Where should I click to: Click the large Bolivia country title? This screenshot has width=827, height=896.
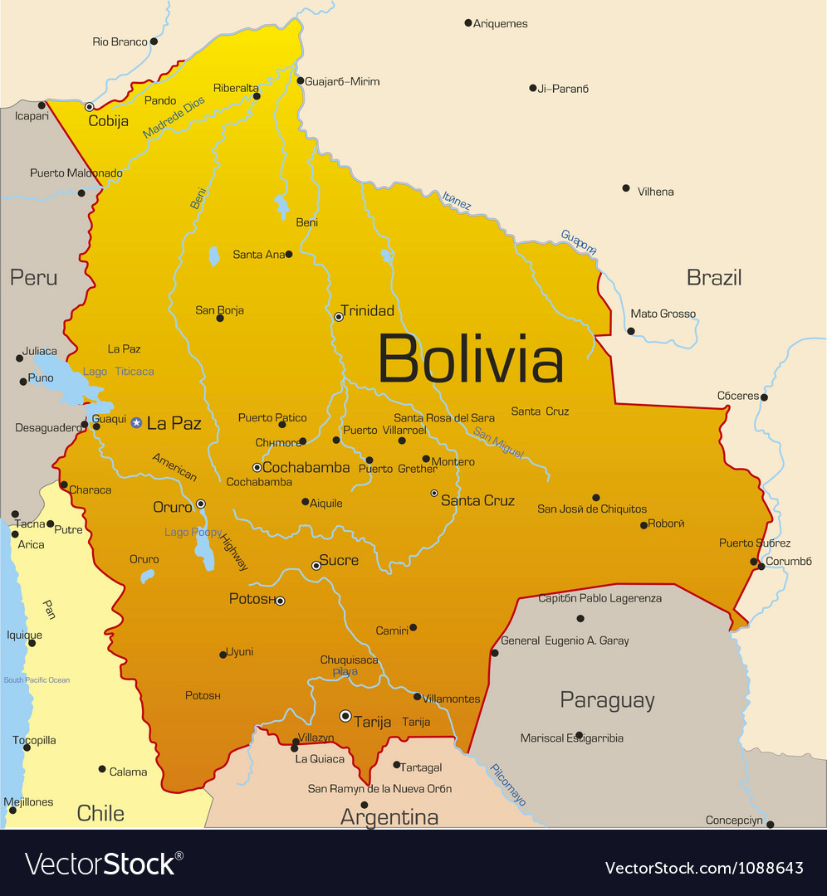(471, 359)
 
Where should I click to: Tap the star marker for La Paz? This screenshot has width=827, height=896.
(136, 423)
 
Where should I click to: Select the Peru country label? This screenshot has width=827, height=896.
(33, 277)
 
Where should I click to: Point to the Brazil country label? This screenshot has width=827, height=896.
(713, 277)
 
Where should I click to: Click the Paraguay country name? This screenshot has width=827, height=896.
(607, 700)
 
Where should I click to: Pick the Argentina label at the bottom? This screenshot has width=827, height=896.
(389, 817)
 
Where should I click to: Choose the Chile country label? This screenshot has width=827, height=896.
(100, 813)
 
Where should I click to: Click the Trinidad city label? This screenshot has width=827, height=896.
(367, 310)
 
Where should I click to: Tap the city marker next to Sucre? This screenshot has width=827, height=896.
(316, 566)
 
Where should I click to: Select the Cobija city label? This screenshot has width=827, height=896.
(108, 121)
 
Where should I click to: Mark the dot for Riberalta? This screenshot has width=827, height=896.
(257, 96)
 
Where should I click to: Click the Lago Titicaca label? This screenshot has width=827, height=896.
(118, 372)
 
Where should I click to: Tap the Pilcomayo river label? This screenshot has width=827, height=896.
(507, 785)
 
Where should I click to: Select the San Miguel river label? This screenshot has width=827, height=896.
(498, 442)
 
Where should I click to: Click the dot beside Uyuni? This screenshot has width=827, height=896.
(223, 655)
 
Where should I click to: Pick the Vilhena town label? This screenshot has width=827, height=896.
(655, 192)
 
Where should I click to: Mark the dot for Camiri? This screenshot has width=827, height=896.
(413, 627)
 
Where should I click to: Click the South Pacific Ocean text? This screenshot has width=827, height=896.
(37, 680)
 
